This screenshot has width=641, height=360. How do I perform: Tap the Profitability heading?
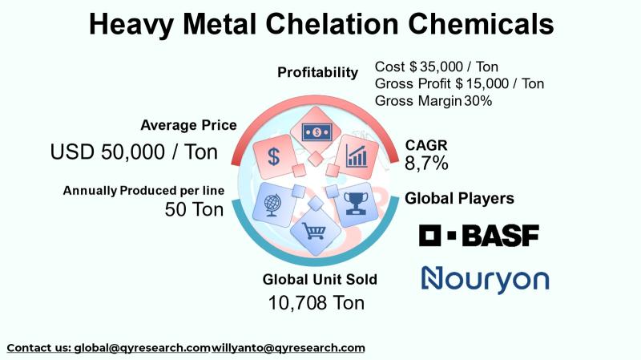tap(317, 72)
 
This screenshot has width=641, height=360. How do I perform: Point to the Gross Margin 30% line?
tap(433, 101)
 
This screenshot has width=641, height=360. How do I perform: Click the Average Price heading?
tap(188, 125)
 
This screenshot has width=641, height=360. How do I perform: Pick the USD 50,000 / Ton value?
tap(134, 152)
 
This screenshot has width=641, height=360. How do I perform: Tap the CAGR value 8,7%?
tap(426, 164)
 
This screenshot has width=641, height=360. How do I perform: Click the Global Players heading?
tap(459, 198)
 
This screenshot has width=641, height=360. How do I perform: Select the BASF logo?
tap(479, 236)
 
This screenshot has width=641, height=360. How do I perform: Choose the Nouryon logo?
tap(486, 280)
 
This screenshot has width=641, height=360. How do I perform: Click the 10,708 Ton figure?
tap(316, 303)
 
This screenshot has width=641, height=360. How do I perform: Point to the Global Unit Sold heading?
tap(320, 279)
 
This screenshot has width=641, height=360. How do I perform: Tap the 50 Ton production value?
tap(194, 209)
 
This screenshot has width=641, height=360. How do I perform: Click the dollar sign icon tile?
tap(273, 156)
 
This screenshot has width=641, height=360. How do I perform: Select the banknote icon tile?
tap(316, 132)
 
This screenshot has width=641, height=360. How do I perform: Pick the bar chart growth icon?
tap(357, 156)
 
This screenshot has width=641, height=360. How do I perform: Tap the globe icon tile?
tap(272, 205)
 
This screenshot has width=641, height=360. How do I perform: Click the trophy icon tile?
tap(356, 204)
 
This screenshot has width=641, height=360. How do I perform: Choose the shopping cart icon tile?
tap(316, 232)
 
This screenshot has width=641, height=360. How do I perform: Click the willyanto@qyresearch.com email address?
tap(288, 348)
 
